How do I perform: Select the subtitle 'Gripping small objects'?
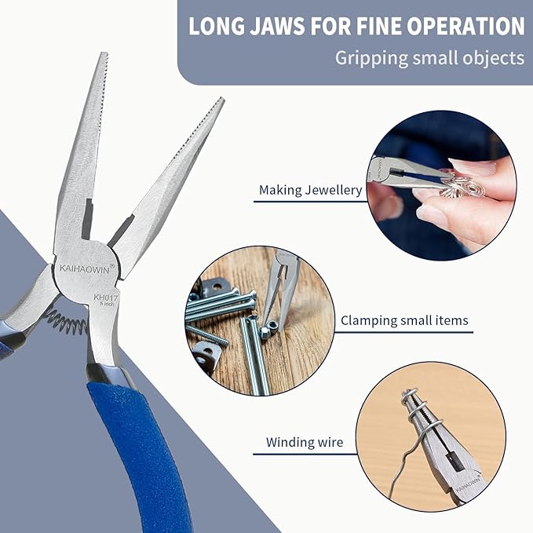[429, 57]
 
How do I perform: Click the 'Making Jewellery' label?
[310, 190]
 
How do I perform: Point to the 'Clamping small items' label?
[404, 320]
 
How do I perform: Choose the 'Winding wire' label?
[304, 443]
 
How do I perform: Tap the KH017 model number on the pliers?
[104, 298]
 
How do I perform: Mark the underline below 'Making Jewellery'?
[311, 203]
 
